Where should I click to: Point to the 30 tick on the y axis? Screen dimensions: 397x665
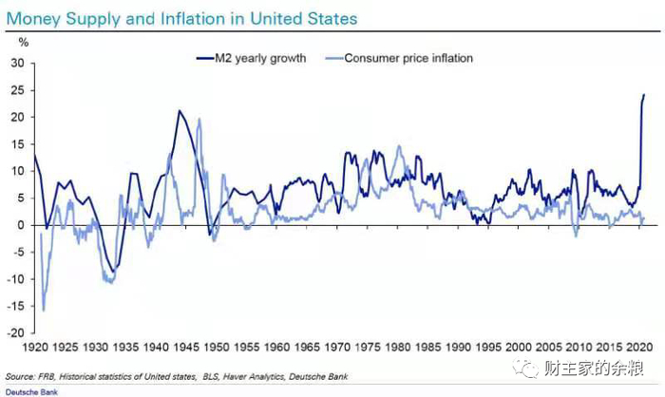point(17,63)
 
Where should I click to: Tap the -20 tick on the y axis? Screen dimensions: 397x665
point(15,333)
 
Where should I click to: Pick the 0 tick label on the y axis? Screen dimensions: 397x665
point(20,225)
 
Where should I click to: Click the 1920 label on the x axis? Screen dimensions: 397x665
point(35,348)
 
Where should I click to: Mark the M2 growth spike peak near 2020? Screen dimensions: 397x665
point(643,95)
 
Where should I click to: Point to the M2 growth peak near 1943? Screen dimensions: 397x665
point(178,111)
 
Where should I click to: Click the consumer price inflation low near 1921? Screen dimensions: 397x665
point(44,310)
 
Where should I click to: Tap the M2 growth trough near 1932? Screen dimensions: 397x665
point(113,273)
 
